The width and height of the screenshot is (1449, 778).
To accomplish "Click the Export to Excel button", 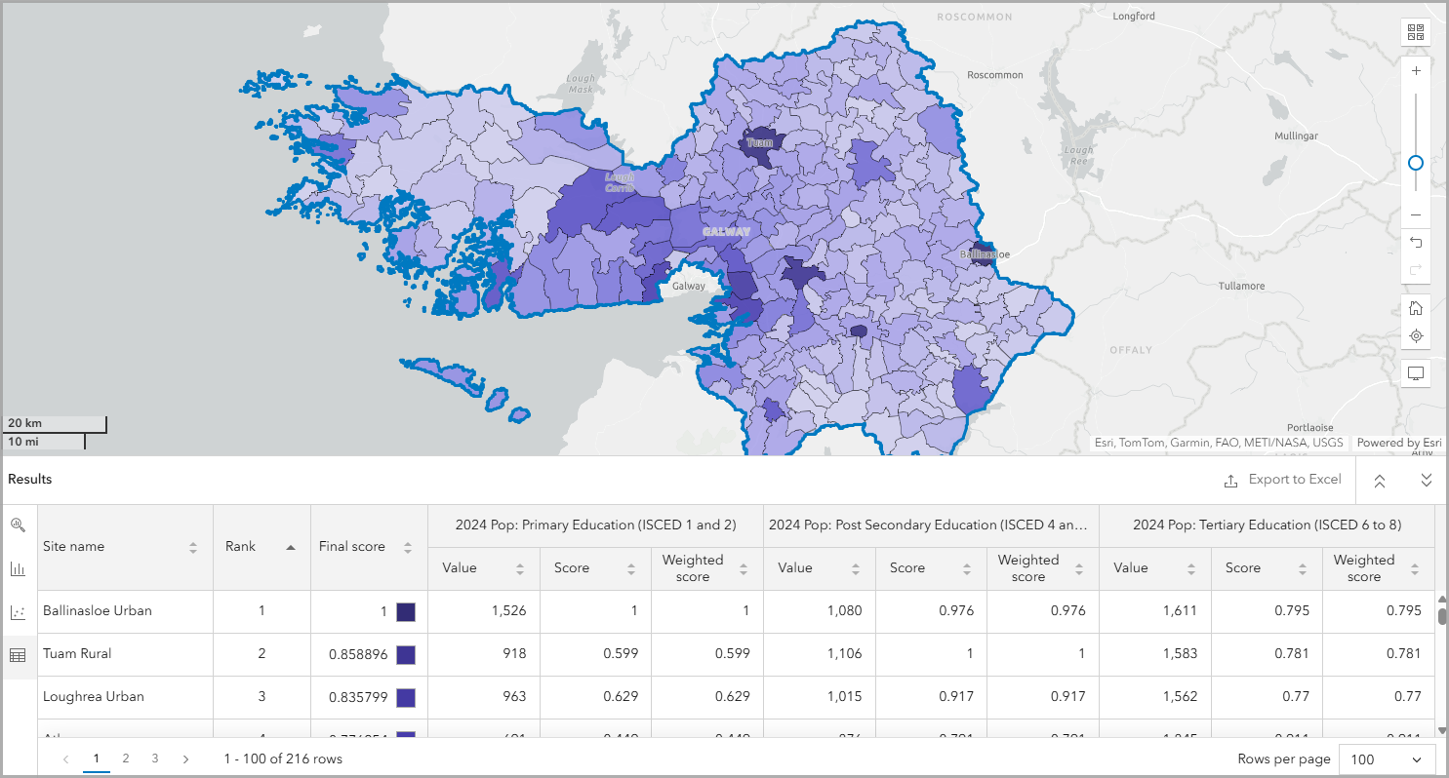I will point(1283,480).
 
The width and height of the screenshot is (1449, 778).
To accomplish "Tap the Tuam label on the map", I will point(759,143).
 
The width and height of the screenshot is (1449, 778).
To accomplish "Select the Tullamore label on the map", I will point(1241,287).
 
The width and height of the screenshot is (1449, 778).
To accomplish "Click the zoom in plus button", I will point(1416,71).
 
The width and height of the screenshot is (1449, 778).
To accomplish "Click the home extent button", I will point(1416,308).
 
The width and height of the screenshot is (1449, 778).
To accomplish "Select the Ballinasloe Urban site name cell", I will point(98,611).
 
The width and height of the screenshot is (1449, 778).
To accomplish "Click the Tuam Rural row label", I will point(77,654).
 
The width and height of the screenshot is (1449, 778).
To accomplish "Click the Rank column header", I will point(241,547).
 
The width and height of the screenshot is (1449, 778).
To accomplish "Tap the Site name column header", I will point(74,547).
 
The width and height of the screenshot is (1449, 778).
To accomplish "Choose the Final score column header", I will point(352,547).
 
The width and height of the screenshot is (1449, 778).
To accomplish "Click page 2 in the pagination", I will point(126,759).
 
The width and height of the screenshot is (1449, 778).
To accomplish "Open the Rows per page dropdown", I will point(1387,759).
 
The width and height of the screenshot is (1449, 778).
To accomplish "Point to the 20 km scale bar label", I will point(25,424).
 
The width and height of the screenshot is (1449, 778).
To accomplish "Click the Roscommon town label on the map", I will point(994,75).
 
